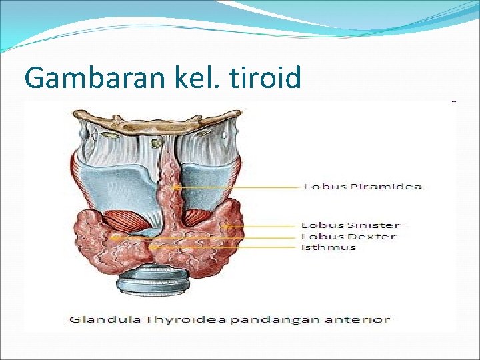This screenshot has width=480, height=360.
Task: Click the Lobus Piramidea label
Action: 363,187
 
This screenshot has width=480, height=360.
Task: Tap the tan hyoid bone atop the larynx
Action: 157,125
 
